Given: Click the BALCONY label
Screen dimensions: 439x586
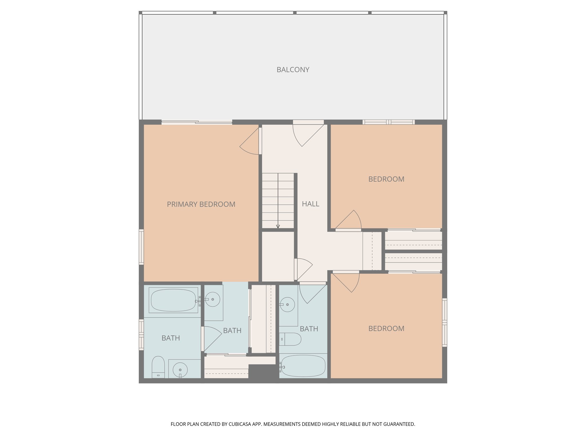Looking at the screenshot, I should pos(293,70).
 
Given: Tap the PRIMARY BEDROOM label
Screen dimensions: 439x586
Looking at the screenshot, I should pos(201,204).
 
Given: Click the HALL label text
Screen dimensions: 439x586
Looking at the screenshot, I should pos(310,204).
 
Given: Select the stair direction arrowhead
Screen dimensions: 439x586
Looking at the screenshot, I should pos(278,226).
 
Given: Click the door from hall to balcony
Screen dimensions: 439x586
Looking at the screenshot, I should pos(308,134).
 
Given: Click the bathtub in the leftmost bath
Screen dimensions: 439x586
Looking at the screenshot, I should pos(173,300).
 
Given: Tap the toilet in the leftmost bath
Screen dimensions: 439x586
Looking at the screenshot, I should pos(158,367).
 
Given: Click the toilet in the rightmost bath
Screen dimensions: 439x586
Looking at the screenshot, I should pos(290,339).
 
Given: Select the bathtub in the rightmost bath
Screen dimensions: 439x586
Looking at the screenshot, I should pos(303,366).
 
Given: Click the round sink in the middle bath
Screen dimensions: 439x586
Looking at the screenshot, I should pos(213,299).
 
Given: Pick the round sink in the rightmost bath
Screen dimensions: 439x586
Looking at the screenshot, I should pos(287,304).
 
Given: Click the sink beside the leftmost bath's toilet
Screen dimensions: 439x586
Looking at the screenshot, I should pos(180,370).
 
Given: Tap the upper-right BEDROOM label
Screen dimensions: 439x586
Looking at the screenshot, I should pos(386,179).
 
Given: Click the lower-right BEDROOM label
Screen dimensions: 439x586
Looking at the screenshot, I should pos(386,329).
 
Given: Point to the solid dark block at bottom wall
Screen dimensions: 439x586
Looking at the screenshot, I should pos(262,372).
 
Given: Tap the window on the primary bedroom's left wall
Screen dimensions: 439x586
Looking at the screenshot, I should pos(141,247).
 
